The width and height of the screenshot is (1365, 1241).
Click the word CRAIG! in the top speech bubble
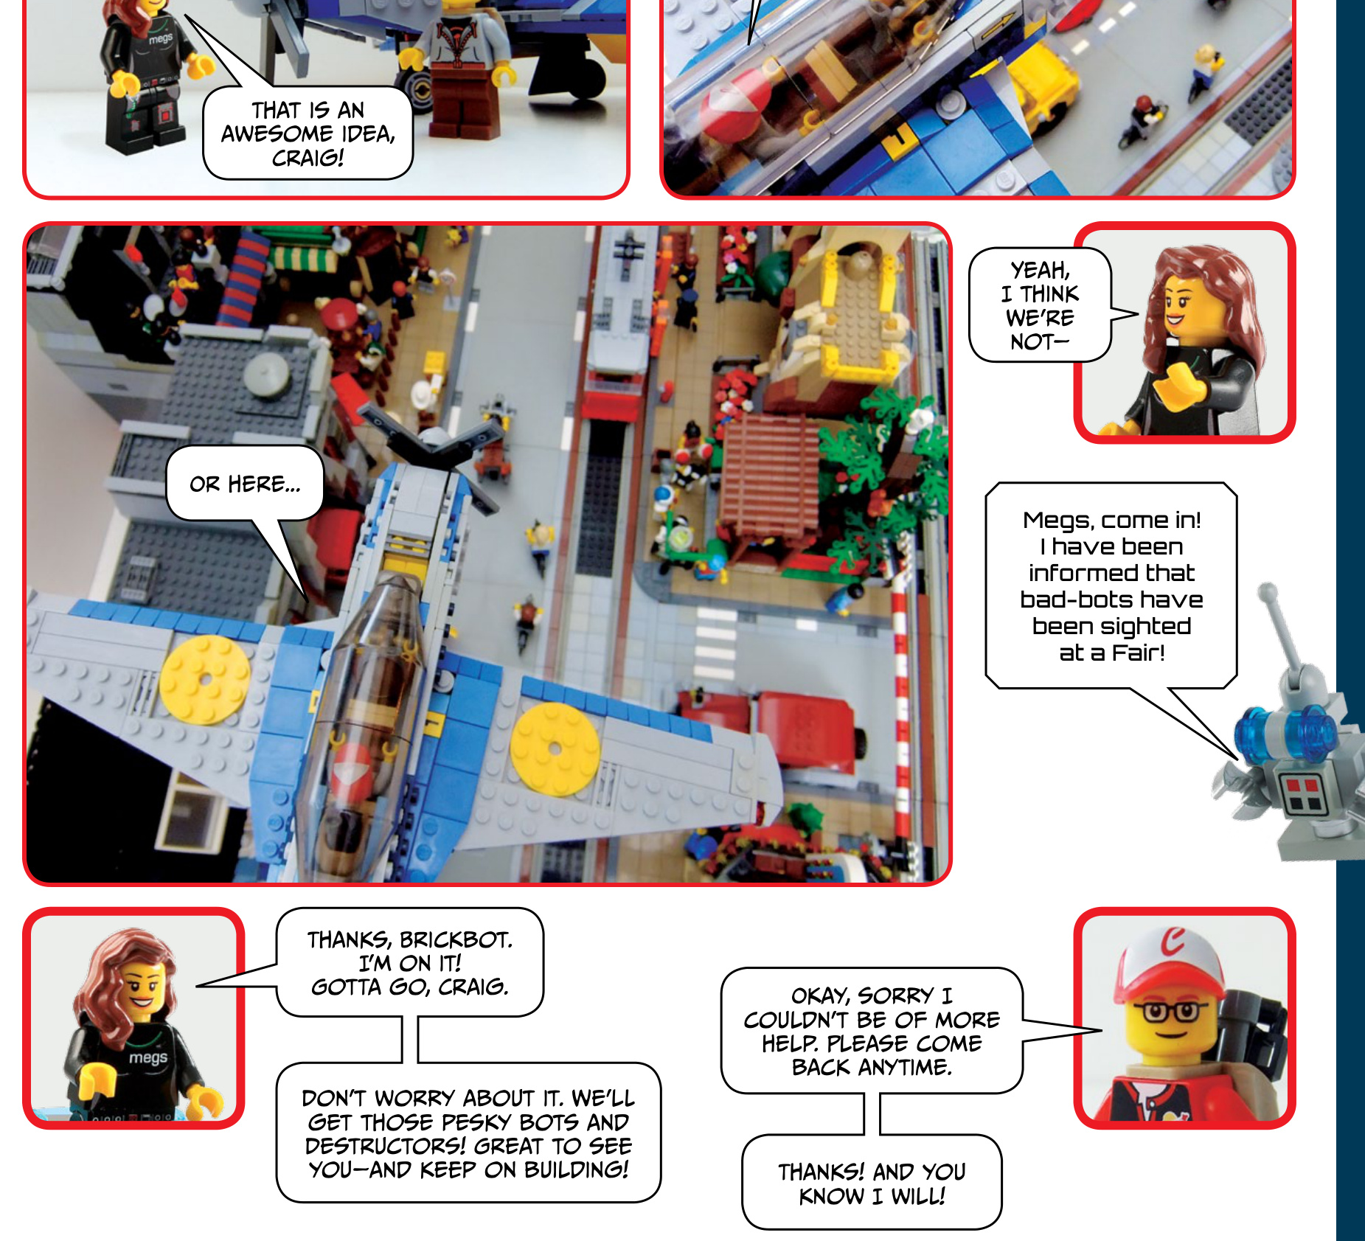click(308, 158)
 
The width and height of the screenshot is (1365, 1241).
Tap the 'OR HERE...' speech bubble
click(245, 484)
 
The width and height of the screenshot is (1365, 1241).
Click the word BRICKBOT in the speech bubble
click(455, 939)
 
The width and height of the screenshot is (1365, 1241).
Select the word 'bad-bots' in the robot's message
click(1068, 599)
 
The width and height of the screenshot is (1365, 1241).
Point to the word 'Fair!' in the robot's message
click(1139, 653)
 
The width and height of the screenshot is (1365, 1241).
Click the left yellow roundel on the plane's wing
click(205, 679)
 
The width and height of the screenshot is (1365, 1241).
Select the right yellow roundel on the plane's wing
click(555, 749)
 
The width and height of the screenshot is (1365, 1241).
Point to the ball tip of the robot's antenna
click(1268, 591)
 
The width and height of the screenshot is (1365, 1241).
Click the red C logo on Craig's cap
click(1173, 942)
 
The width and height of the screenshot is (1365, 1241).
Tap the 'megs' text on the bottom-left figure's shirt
click(148, 1057)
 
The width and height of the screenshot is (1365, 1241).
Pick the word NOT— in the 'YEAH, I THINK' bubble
click(1039, 341)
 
